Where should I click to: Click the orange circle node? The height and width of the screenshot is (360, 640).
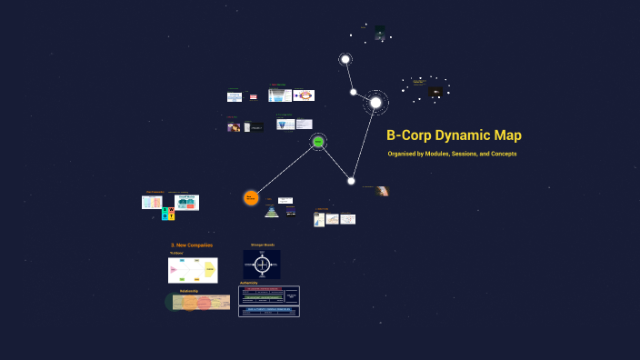251,197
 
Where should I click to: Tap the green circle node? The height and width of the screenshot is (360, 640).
318,142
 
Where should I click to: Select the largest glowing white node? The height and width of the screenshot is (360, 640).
375,103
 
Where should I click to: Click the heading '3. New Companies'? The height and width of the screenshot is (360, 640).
192,245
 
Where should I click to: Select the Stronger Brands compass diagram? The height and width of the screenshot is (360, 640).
262,265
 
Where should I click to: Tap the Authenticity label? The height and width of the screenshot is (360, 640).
249,284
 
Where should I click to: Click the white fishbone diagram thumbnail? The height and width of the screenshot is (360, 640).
193,270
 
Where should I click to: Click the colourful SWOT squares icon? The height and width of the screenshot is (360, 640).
167,214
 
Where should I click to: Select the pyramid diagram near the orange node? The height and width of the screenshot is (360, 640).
271,212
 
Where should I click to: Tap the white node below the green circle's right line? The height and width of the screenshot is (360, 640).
351,181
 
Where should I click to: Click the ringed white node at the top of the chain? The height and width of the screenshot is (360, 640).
345,60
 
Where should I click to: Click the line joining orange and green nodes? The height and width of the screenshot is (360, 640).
284,170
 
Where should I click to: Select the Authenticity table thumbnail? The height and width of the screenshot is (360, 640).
268,302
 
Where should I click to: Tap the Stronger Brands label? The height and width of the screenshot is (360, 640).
262,245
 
